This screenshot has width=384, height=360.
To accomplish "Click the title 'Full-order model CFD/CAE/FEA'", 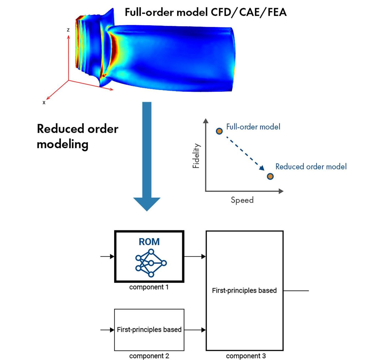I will click(206, 12).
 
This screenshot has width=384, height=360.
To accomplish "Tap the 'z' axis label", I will click(68, 30).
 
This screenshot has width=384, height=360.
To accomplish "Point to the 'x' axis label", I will click(44, 102).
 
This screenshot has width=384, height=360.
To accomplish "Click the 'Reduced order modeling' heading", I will click(77, 136).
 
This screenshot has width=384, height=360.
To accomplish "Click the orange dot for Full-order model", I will click(219, 131).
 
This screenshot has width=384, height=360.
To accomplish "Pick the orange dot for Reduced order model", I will click(270, 176).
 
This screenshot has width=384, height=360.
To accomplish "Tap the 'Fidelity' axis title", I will click(196, 156).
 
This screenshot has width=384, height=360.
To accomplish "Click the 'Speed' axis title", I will click(242, 200).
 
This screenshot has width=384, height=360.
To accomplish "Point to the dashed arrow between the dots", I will click(244, 154).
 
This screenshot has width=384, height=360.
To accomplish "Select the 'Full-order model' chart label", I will click(253, 127).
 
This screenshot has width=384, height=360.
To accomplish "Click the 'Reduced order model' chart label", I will click(311, 167).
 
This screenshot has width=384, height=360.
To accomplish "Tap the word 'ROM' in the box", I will click(149, 242).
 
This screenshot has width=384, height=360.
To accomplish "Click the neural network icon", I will click(151, 263).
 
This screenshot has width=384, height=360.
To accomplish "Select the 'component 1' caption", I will click(149, 287).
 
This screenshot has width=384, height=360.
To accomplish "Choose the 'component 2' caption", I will click(149, 356).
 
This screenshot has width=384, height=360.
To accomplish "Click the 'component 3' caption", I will click(246, 356).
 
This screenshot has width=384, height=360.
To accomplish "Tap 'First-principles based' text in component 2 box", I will click(149, 330).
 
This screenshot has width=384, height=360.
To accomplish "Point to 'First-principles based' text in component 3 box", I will click(244, 290).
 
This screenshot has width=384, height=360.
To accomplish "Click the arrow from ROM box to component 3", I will click(195, 257).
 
